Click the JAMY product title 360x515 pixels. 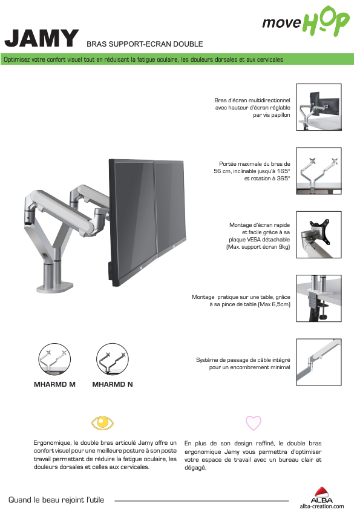(41, 38)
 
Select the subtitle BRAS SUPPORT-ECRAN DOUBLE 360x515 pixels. (145, 44)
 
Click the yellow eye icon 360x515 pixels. (102, 422)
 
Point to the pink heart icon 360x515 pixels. (254, 422)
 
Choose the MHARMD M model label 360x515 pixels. (54, 384)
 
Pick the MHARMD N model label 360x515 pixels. (113, 384)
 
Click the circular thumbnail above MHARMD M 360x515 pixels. (54, 359)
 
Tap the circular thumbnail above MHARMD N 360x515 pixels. (113, 359)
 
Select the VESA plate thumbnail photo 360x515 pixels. (319, 235)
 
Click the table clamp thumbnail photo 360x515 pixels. (319, 298)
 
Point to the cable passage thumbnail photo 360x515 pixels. (319, 362)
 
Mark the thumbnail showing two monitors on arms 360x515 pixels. (319, 107)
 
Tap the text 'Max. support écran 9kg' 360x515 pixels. (258, 247)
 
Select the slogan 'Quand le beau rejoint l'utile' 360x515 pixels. (56, 500)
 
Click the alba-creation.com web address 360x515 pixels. (322, 507)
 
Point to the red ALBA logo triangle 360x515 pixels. (322, 491)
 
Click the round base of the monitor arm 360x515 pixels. (55, 287)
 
